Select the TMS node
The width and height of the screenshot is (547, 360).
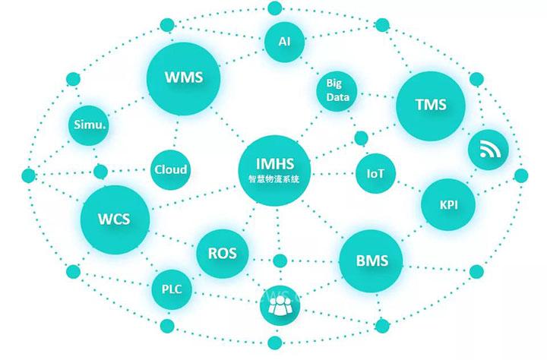click(431, 106)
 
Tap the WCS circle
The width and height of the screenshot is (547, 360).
click(115, 219)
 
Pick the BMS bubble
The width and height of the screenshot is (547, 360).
click(372, 261)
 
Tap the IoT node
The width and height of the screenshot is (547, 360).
click(375, 174)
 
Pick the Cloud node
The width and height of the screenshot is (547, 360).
click(170, 169)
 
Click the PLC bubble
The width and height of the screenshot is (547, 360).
click(171, 289)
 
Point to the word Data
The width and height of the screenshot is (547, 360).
click(336, 98)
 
